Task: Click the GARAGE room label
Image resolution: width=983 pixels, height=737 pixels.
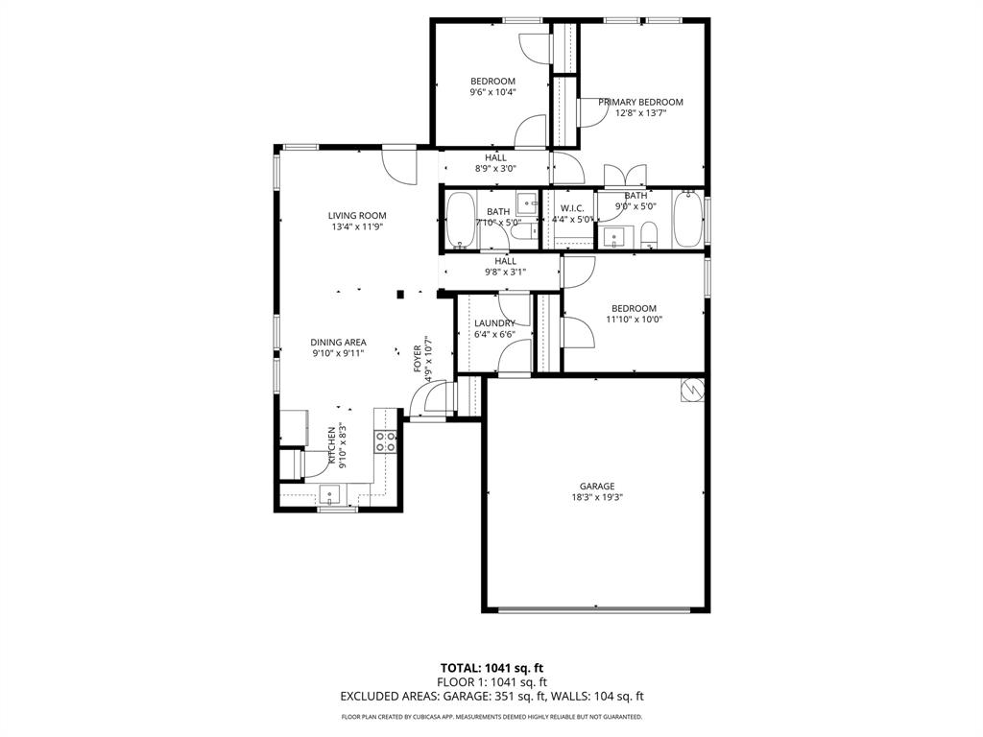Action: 596,486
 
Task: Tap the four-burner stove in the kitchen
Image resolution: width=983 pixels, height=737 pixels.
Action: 386,441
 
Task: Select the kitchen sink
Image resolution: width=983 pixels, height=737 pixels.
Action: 330,495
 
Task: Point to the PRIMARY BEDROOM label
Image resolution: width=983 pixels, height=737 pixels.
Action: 640,102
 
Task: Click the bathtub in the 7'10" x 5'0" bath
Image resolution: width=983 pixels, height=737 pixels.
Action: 461,220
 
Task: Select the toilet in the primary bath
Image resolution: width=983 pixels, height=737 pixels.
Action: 649,235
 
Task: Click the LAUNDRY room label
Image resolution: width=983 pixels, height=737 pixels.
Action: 494,323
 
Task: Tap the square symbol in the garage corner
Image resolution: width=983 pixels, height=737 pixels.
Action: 692,390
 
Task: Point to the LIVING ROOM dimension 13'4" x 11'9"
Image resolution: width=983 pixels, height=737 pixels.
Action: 356,227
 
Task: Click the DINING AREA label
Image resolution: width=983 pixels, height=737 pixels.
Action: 338,342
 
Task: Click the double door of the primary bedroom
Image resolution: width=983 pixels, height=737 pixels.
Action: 624,176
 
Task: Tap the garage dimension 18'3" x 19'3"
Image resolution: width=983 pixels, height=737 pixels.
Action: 596,497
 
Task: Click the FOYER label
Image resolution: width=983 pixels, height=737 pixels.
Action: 418,358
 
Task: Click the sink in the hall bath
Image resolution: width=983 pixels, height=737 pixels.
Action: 526,203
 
